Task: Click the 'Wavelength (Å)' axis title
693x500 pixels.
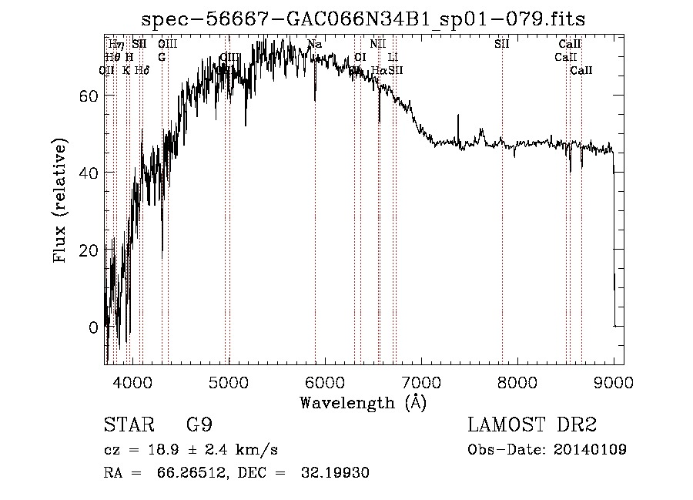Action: point(363,402)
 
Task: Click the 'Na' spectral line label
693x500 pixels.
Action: point(314,45)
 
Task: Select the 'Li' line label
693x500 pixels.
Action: point(393,57)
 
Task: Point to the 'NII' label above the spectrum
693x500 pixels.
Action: point(377,45)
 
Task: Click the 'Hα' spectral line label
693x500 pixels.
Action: point(379,70)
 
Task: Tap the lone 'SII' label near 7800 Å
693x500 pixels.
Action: point(502,45)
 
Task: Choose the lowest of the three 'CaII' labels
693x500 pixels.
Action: point(581,70)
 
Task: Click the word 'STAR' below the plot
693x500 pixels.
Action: point(128,425)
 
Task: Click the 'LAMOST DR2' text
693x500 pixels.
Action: point(532,425)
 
